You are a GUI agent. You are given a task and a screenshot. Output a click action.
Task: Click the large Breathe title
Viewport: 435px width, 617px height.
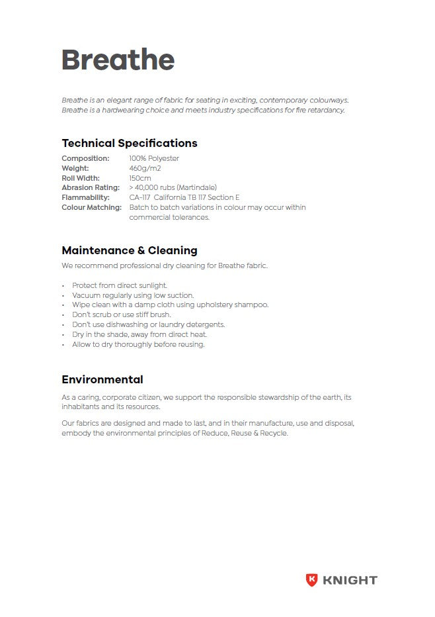click(118, 60)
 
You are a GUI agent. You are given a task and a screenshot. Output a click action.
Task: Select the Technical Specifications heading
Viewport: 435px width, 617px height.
click(129, 143)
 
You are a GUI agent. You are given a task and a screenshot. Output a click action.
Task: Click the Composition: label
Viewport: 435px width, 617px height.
click(85, 158)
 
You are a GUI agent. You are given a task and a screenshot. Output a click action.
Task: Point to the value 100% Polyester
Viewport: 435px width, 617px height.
click(154, 158)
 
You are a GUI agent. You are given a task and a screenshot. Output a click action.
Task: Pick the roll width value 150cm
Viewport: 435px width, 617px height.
click(140, 178)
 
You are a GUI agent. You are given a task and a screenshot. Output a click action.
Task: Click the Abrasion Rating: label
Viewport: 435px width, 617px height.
click(91, 188)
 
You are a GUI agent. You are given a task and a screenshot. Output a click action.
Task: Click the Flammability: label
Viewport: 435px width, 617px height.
click(85, 197)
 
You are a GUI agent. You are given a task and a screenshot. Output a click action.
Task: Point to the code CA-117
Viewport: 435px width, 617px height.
click(139, 197)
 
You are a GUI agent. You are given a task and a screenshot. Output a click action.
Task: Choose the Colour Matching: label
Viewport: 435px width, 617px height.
click(92, 207)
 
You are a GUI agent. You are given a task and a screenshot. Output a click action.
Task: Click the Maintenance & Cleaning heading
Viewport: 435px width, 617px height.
click(129, 250)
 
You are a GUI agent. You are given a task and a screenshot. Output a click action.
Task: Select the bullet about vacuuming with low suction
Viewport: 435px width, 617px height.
click(133, 295)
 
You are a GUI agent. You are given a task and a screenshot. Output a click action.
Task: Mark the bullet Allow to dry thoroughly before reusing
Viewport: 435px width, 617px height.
click(138, 344)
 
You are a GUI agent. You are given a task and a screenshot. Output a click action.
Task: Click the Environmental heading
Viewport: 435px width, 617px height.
click(102, 379)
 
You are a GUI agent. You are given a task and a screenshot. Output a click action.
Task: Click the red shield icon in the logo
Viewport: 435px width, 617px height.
click(311, 580)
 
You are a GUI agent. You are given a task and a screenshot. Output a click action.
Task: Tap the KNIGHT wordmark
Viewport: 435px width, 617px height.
click(350, 581)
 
